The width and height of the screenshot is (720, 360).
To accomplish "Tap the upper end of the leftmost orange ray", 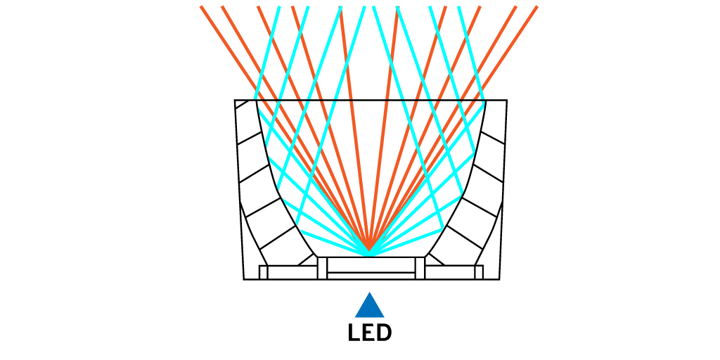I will click(201, 7).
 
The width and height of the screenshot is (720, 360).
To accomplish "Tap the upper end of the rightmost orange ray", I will click(537, 7).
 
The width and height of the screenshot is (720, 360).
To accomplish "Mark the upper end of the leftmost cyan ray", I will click(279, 7).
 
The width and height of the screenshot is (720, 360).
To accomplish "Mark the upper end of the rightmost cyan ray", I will click(459, 7).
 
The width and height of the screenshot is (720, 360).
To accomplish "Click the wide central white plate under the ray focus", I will click(371, 265).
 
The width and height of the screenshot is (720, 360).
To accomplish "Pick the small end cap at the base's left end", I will click(264, 272).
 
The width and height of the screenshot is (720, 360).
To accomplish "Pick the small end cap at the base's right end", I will click(479, 272).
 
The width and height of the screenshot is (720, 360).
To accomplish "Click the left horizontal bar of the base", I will click(292, 272).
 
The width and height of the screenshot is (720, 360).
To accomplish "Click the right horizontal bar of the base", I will click(450, 272).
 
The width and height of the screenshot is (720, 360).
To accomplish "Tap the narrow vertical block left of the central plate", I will click(322, 268).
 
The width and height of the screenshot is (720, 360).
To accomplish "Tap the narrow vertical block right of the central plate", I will click(420, 268).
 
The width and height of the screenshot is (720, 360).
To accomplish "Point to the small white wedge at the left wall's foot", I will click(309, 260).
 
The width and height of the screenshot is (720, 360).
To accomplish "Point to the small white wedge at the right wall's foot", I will click(432, 259).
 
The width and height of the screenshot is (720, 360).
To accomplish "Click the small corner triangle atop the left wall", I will click(240, 104).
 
